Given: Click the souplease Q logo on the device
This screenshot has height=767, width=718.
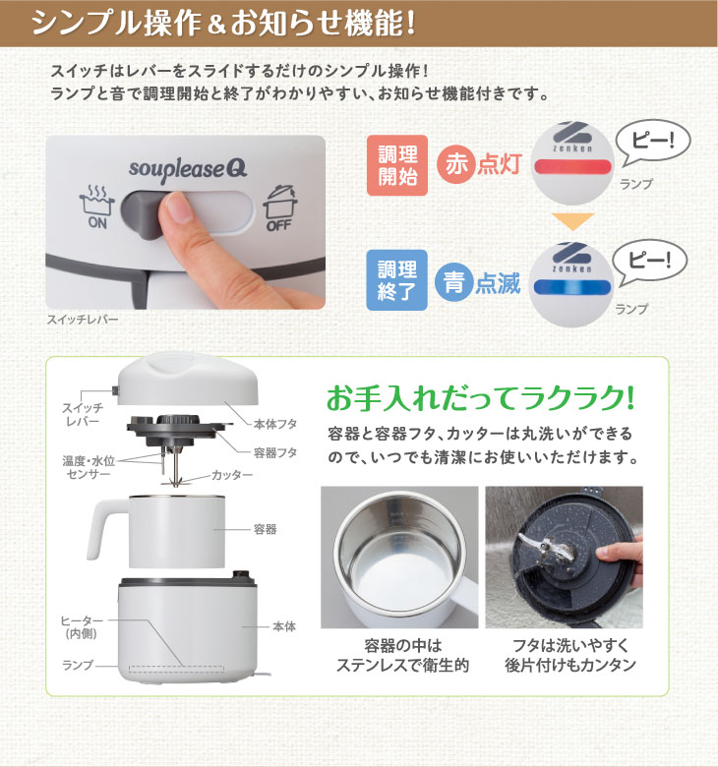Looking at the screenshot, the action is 188,171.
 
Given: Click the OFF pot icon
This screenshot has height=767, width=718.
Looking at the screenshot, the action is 280,207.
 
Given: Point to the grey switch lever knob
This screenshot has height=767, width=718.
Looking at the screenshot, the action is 144,215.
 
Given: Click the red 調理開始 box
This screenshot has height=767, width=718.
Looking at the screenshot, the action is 397,165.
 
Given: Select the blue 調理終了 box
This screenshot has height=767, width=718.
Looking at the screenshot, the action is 397,280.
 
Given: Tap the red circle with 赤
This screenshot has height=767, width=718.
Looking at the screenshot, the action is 456,164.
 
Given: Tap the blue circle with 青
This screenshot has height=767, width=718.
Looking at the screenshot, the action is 454,282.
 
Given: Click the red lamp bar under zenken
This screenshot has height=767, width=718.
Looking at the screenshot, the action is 572,167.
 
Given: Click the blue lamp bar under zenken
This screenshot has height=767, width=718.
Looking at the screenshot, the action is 571,287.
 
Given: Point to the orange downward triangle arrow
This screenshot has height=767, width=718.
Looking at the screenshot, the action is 572,221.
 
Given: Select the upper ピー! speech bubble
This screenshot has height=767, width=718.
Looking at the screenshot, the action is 652,142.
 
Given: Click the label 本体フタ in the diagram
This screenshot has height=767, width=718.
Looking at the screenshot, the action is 275,424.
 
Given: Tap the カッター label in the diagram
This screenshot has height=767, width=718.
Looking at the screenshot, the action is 232,475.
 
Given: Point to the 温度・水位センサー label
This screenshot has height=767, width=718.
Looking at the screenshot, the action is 89,467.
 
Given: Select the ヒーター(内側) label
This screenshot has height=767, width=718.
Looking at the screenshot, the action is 82,627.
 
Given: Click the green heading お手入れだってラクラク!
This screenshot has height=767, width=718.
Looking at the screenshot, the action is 481,398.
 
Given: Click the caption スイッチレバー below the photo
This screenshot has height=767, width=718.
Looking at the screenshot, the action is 83,320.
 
